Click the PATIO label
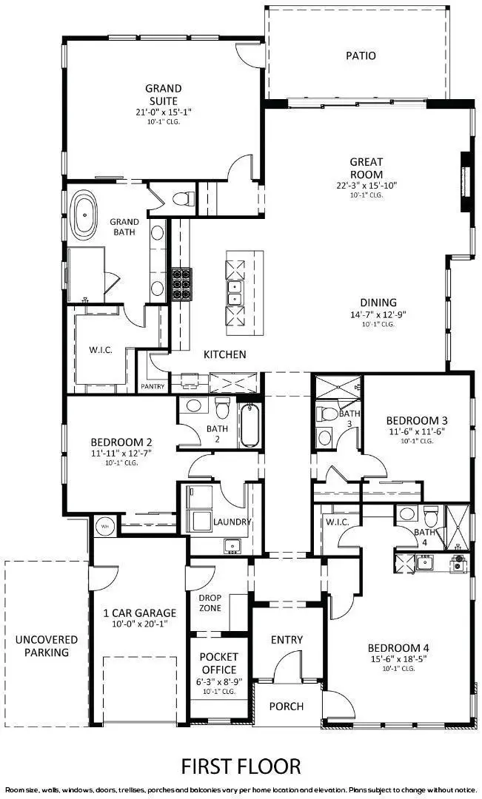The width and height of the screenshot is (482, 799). (x=360, y=55)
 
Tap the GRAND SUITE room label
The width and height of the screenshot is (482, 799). (x=163, y=95)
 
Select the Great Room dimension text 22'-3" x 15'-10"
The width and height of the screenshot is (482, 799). (x=366, y=186)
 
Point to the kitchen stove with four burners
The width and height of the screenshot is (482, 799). (x=181, y=283)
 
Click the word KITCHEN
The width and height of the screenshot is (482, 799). (x=224, y=354)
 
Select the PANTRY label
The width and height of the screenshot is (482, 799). (x=153, y=386)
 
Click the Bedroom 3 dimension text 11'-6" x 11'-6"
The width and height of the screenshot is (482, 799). (x=417, y=431)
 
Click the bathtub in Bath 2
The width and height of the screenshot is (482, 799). (x=250, y=425)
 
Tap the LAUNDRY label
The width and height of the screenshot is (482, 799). (x=232, y=522)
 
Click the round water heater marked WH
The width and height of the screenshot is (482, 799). (x=104, y=526)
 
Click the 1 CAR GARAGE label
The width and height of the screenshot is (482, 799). (x=133, y=613)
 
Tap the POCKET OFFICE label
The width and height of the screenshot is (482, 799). (x=218, y=664)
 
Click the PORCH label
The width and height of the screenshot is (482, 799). (x=286, y=706)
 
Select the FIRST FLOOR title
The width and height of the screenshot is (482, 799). (x=241, y=765)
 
